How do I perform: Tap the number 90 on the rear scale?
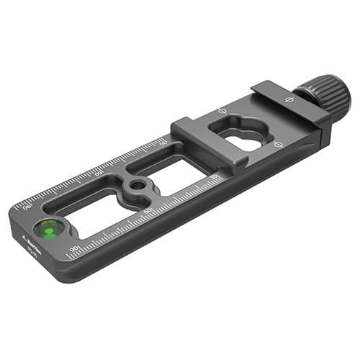point(28,207)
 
